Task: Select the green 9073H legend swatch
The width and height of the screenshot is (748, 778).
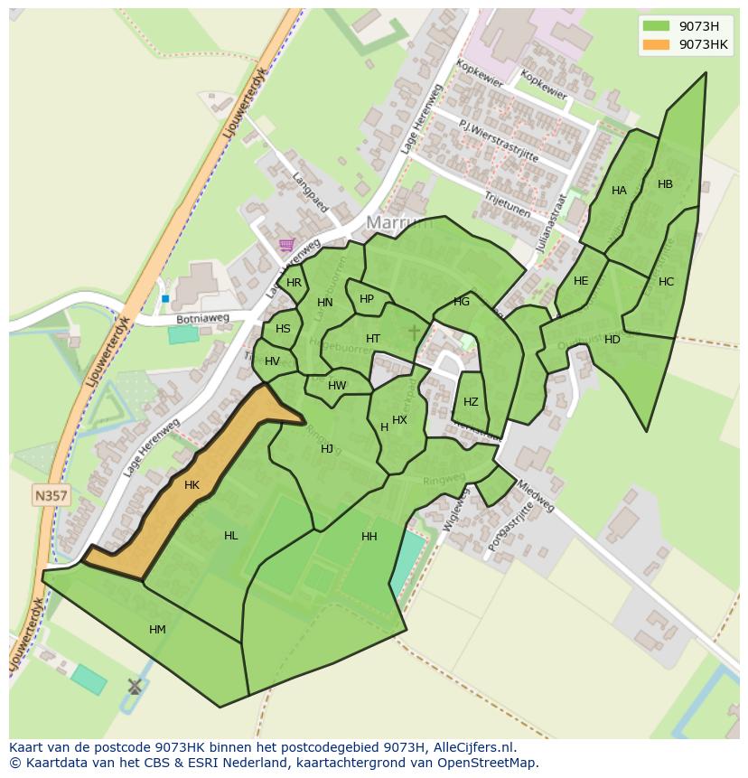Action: [657, 26]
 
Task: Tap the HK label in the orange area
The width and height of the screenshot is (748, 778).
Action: [192, 485]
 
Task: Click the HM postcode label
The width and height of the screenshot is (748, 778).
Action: [157, 630]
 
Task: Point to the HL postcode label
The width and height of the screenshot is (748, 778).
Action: [231, 536]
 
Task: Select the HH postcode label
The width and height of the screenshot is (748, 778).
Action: [369, 537]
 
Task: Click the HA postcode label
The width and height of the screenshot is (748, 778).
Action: [619, 191]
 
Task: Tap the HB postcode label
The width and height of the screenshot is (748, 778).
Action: [665, 184]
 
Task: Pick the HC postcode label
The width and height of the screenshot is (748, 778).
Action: [666, 282]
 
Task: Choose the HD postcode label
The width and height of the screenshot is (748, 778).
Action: [612, 340]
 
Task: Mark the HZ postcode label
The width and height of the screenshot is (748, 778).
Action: [471, 402]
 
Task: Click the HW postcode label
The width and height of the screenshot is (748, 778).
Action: [337, 386]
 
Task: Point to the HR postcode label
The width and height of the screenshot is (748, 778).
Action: [294, 283]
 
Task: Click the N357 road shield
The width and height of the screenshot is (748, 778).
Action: [51, 495]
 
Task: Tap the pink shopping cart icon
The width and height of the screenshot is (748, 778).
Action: [286, 244]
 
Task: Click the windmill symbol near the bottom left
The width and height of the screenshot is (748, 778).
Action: [135, 687]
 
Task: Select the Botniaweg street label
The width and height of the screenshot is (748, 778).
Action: [203, 319]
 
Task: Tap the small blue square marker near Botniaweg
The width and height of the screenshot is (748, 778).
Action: [165, 298]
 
